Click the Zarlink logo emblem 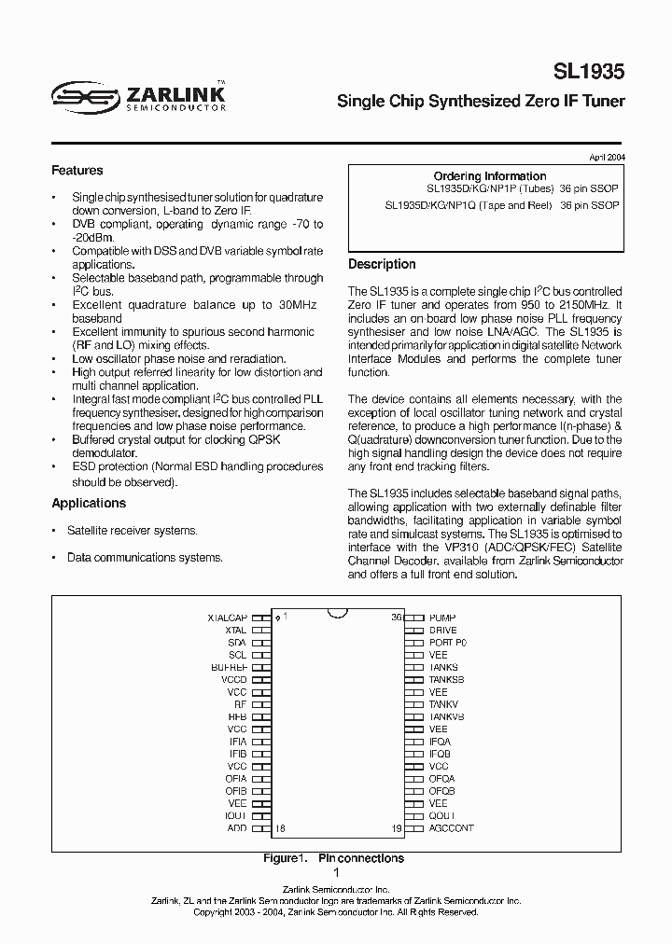point(83,94)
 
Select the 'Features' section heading point(77,171)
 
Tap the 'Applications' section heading point(89,503)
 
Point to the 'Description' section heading point(382,264)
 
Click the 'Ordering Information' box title point(490,175)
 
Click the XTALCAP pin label point(227,618)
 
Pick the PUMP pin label point(443,618)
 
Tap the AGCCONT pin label point(452,827)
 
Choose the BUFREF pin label point(229,668)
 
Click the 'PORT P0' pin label point(448,643)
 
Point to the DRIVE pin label point(443,631)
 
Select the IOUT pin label point(235,815)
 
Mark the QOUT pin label point(442,815)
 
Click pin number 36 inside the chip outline point(396,618)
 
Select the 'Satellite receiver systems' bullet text point(132,530)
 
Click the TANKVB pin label point(446,716)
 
